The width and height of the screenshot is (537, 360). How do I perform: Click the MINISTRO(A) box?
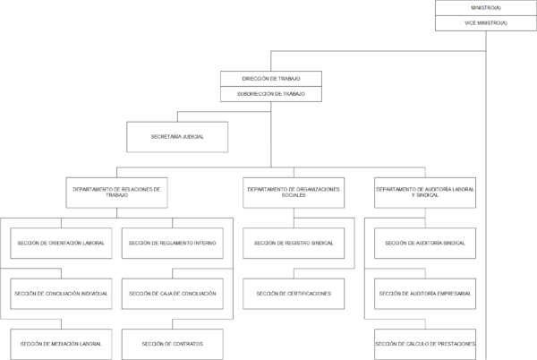(486, 8)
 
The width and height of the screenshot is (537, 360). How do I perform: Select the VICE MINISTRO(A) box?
(486, 23)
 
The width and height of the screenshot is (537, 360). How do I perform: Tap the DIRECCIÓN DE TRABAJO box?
(271, 79)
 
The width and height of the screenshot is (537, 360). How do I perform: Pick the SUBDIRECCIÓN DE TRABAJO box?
(271, 94)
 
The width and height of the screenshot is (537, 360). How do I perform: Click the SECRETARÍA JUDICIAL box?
(177, 137)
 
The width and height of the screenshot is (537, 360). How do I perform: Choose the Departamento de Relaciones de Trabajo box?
(116, 193)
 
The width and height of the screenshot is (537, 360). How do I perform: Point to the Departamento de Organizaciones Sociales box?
(294, 193)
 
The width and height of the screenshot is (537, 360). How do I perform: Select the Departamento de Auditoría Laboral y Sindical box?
(425, 193)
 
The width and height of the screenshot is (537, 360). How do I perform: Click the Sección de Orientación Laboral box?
(61, 244)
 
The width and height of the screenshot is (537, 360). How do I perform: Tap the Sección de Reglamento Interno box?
(172, 244)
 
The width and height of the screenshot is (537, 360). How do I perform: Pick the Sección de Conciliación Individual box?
(61, 294)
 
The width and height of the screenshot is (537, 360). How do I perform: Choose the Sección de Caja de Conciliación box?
(172, 294)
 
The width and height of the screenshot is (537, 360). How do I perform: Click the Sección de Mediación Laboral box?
(61, 344)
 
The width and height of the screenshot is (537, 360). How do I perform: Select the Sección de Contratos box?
(172, 344)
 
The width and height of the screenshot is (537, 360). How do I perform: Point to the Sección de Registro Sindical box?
(294, 244)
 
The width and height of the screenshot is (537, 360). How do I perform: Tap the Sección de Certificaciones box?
(294, 294)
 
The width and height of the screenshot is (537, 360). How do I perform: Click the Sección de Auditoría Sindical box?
(425, 244)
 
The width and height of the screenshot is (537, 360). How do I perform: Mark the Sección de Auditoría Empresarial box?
(425, 294)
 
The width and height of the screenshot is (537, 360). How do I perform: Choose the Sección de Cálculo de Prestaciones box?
(425, 344)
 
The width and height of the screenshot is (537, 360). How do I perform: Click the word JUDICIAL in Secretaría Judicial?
(193, 137)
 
